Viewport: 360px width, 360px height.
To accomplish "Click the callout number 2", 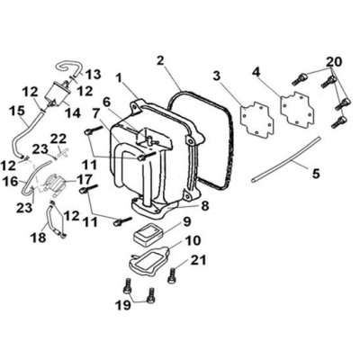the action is pos(160,61).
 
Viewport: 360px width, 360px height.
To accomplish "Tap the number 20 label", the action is pos(334,62).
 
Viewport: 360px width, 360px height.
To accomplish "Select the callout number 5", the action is pos(316,174).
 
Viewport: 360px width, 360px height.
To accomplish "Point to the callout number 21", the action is pos(198,260).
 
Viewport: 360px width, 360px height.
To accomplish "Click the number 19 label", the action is pos(123,305).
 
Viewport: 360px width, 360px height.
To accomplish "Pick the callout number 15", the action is pos(17,111).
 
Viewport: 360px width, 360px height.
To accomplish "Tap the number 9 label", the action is pos(186,222).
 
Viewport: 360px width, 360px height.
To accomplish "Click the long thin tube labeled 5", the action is pos(285,159).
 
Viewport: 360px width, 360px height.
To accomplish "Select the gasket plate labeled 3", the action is pos(258,120).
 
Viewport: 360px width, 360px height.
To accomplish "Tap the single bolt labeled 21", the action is pos(172,275).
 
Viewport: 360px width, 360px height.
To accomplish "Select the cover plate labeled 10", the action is pos(149,259).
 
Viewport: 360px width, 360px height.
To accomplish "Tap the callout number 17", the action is pos(85,180).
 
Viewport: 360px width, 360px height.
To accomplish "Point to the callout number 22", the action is pos(58,139).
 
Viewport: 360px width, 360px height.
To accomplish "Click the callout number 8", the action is pos(204,206).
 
